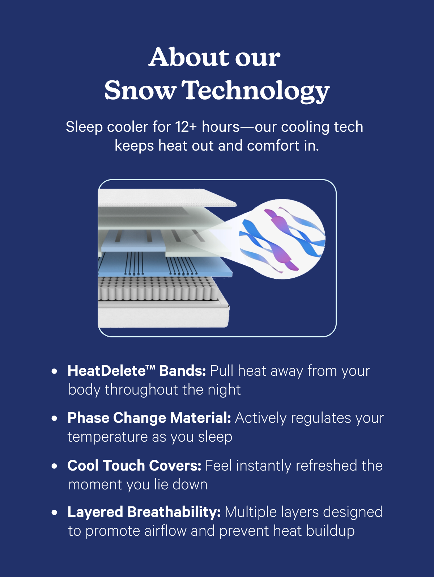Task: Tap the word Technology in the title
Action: [257, 90]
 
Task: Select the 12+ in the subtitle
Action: [186, 127]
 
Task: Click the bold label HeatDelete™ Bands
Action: [137, 371]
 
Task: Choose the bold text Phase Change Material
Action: [149, 418]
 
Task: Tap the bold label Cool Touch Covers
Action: [134, 466]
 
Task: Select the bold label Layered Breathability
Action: [144, 512]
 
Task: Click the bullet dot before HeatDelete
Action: [55, 371]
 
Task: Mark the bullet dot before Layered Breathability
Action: [55, 513]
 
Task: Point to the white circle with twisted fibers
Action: [282, 239]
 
